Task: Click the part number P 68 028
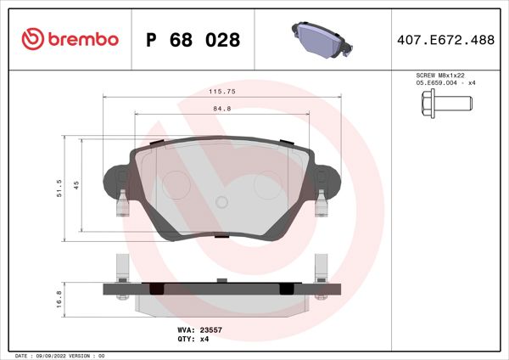(x=193, y=40)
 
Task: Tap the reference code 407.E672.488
(x=446, y=40)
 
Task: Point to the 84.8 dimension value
(x=221, y=108)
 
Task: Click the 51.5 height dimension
(x=59, y=188)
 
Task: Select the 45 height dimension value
(x=76, y=185)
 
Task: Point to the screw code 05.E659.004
(x=438, y=83)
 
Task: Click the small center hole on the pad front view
(x=221, y=202)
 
